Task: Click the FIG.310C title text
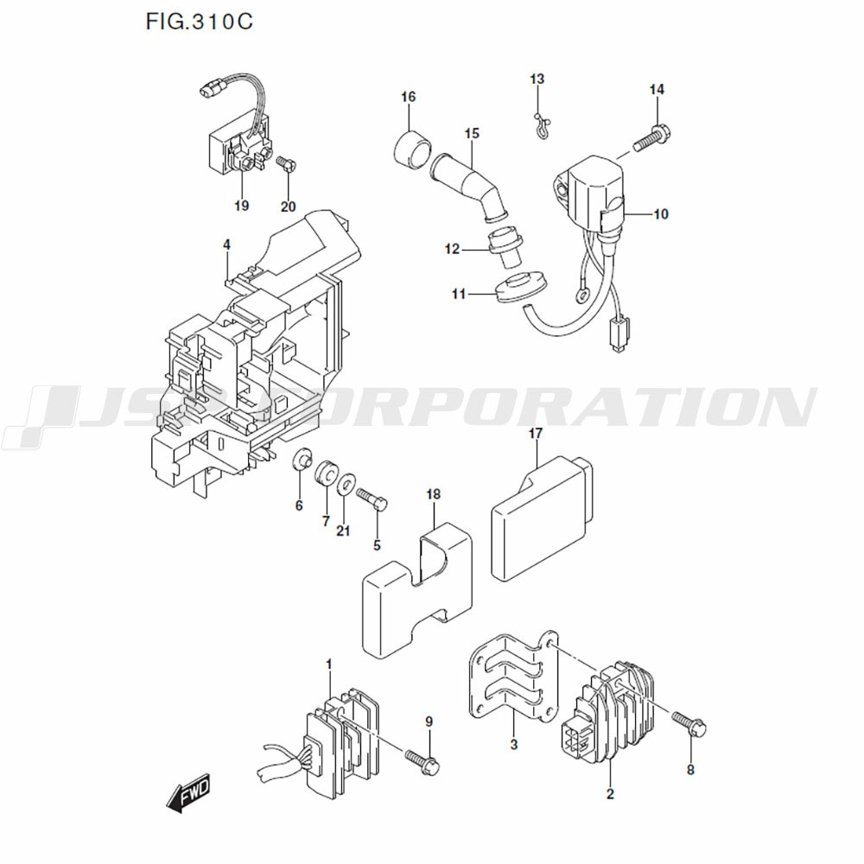[199, 22]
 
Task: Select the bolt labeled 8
[689, 725]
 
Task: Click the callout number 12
[453, 250]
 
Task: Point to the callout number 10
[660, 214]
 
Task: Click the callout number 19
[241, 206]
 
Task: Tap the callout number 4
[226, 245]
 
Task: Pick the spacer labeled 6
[302, 459]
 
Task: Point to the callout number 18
[433, 494]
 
